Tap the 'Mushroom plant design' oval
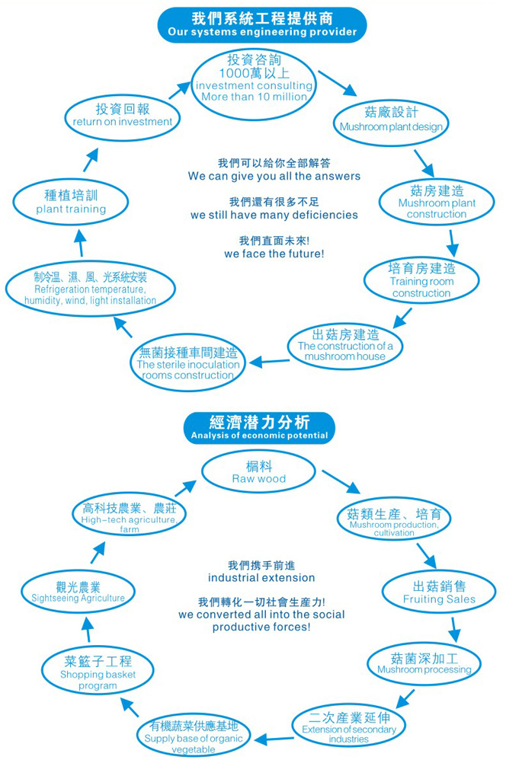point(390,120)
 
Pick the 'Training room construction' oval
point(421,280)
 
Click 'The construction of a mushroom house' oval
point(345,345)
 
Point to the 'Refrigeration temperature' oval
point(90,288)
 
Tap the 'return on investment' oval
point(123,116)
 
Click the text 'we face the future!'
point(274,254)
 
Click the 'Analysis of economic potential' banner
point(259,428)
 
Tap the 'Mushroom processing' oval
point(424,663)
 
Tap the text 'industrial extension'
point(261,578)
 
